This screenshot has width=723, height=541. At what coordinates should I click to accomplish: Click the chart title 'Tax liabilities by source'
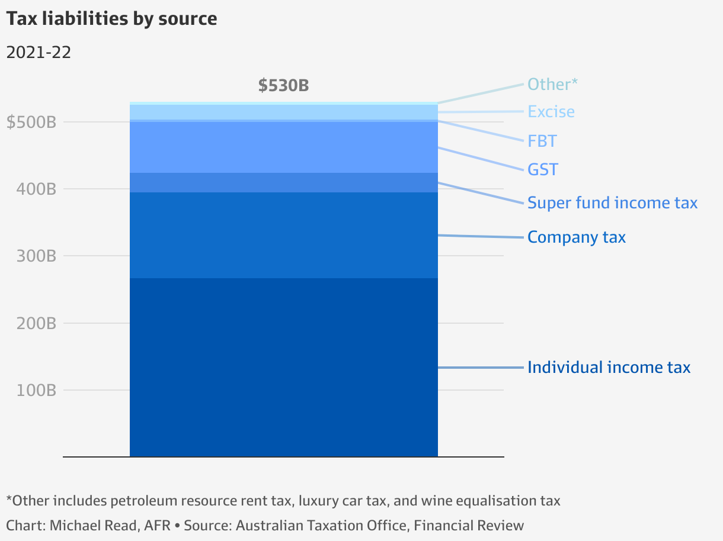click(x=111, y=19)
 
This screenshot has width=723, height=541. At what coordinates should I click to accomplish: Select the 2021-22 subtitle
click(x=39, y=53)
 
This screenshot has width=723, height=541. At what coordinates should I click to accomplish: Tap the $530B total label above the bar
click(x=283, y=86)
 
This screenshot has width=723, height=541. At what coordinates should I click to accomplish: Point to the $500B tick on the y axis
click(x=31, y=123)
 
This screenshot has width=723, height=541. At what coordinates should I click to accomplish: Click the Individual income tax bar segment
click(x=283, y=367)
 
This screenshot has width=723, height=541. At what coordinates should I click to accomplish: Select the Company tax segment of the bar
click(x=283, y=235)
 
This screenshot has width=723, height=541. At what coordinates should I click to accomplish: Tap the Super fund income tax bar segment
click(x=283, y=182)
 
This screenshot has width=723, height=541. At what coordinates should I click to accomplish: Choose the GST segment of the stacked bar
click(x=283, y=147)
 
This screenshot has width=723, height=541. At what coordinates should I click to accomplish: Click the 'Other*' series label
click(x=552, y=85)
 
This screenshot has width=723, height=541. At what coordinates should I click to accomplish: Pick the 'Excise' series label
click(x=551, y=112)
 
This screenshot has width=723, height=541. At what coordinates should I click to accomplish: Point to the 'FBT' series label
click(x=542, y=141)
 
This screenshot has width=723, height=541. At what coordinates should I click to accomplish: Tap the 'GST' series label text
click(x=543, y=170)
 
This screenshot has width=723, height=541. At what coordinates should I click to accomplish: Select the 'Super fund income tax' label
click(x=612, y=203)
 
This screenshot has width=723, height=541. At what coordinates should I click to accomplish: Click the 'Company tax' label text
click(x=577, y=237)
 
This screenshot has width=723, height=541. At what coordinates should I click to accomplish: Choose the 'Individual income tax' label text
click(x=609, y=368)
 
